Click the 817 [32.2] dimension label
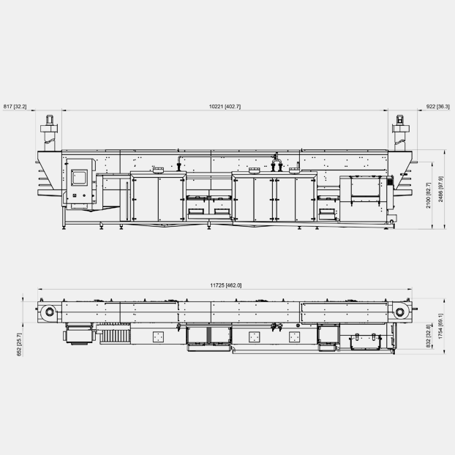(x=15, y=107)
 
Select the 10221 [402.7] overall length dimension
(x=225, y=107)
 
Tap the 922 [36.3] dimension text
(x=438, y=107)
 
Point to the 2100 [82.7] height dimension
(x=429, y=195)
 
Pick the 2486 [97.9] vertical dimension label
(x=441, y=189)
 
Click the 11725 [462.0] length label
(x=226, y=285)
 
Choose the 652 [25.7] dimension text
(x=19, y=344)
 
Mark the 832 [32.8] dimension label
(x=429, y=336)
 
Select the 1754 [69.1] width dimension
(x=441, y=326)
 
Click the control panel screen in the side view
(x=79, y=177)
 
